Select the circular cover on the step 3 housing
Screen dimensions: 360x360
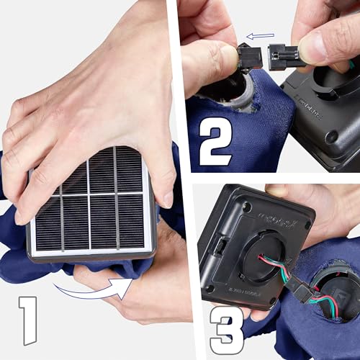[259, 253]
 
